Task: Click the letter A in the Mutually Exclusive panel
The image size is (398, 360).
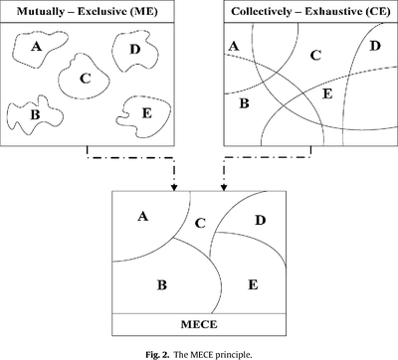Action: tap(38, 47)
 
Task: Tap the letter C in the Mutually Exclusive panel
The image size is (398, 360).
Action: tap(86, 78)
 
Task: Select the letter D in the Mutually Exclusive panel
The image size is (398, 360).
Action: tap(134, 48)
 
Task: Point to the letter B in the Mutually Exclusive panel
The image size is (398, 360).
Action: tap(36, 114)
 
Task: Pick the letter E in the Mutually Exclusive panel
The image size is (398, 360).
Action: tap(147, 113)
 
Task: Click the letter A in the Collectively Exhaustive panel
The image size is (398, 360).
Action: tap(233, 46)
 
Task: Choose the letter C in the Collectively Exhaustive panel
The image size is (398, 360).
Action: tap(315, 56)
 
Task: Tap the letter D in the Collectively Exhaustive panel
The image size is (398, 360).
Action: tap(374, 46)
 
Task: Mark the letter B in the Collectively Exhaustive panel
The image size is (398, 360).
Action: tap(245, 100)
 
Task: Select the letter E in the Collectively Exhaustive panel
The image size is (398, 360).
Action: tap(327, 93)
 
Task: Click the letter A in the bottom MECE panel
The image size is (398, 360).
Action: tap(143, 215)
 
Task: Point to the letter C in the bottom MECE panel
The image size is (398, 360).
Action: tap(199, 223)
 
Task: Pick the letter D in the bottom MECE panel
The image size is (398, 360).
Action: tap(260, 220)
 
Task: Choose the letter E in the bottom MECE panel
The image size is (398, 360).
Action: tap(253, 285)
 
